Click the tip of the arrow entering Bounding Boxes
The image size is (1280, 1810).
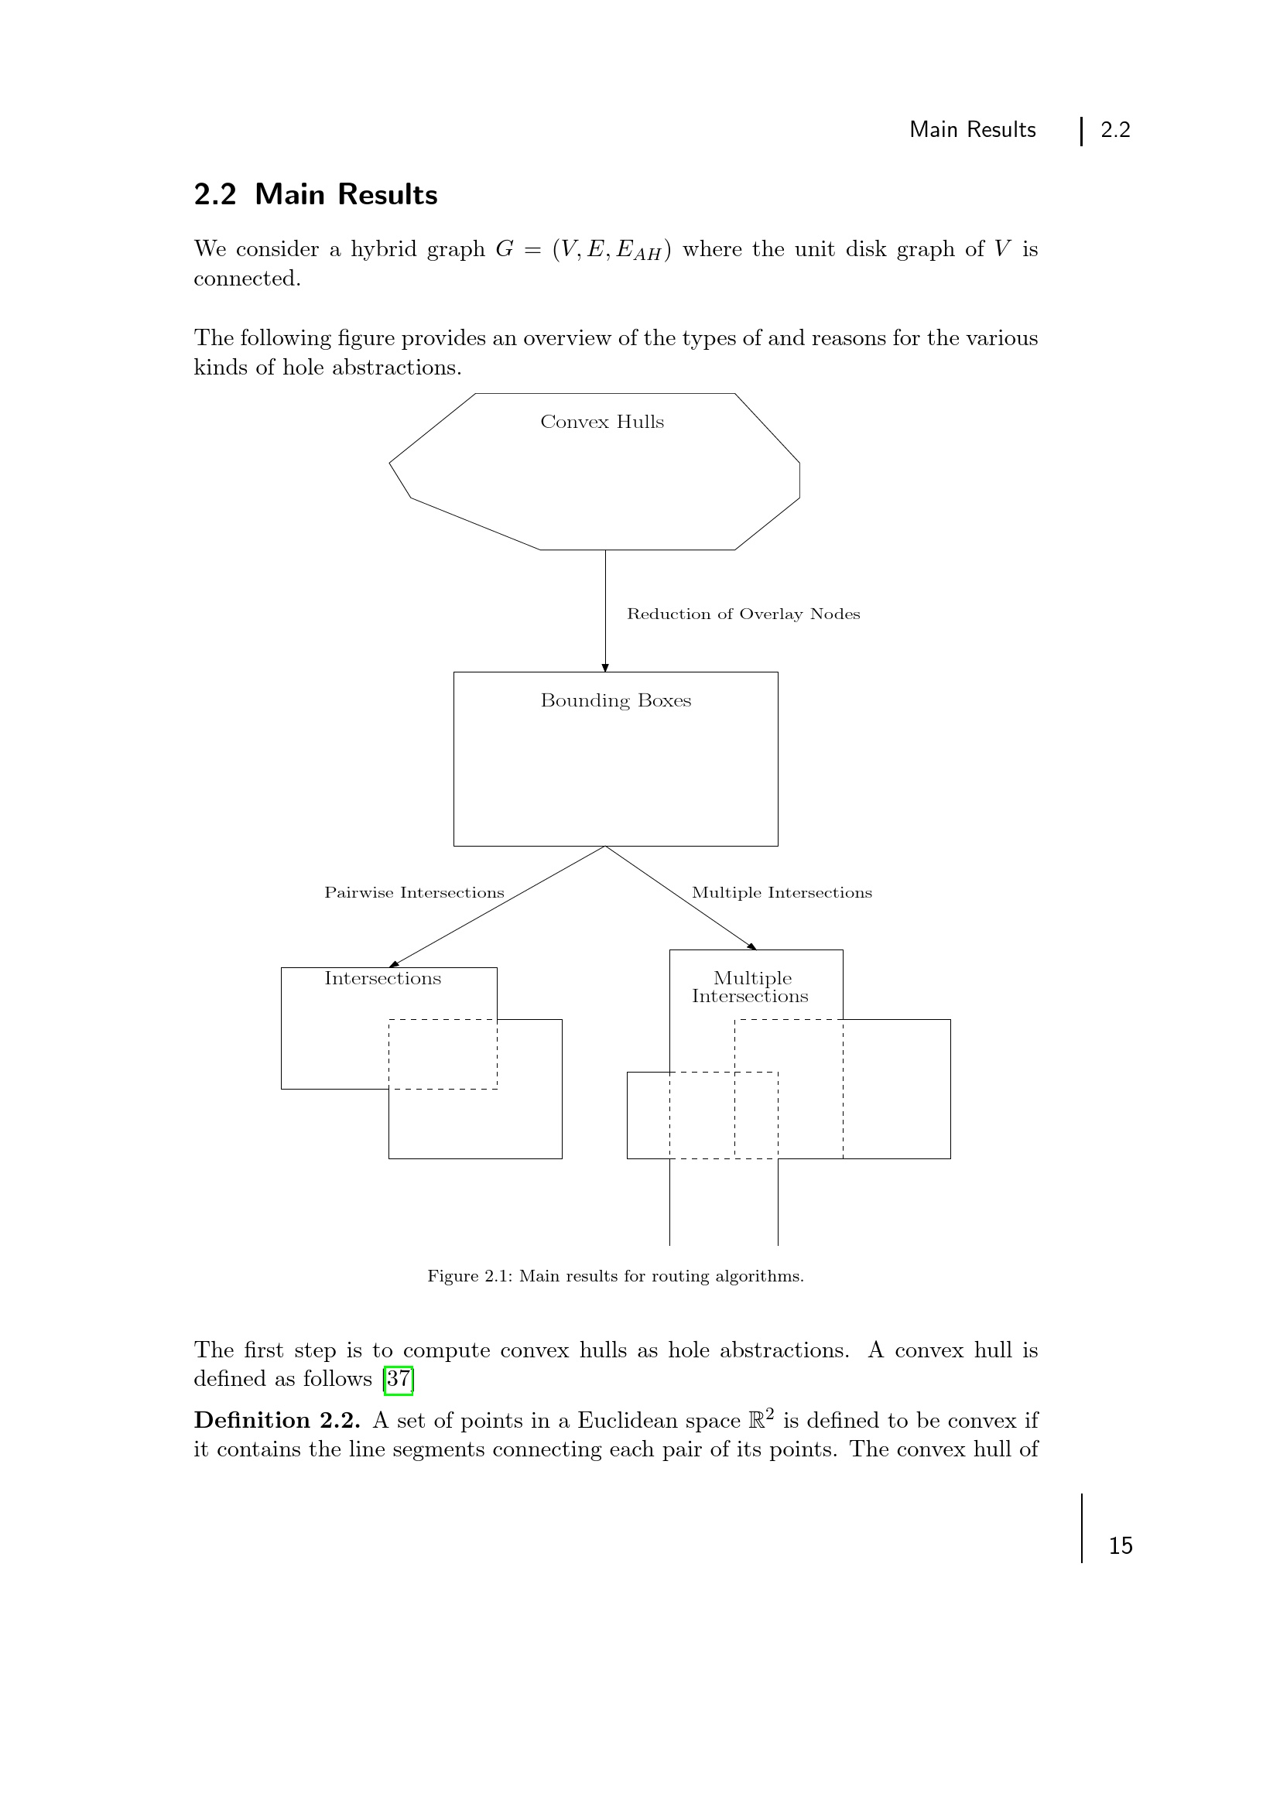605,672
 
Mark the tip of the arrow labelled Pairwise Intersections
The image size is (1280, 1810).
389,967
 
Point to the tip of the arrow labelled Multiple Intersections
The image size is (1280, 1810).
757,949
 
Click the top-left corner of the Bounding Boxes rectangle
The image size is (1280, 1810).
454,672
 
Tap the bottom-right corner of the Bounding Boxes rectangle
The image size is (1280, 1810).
778,846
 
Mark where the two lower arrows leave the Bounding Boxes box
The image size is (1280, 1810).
605,846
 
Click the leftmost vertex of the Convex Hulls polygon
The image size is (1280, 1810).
389,463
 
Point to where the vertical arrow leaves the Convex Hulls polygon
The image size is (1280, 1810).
605,549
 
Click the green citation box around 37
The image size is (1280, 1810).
399,1379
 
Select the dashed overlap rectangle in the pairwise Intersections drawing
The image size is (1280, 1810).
443,1054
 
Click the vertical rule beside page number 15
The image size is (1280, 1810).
1081,1528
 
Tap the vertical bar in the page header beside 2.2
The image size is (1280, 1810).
1081,131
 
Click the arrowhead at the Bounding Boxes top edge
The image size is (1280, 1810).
605,668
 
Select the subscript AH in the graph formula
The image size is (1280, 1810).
648,254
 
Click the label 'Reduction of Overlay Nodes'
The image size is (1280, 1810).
743,614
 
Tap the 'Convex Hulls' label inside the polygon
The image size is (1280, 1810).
602,422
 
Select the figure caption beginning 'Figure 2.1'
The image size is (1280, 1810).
615,1275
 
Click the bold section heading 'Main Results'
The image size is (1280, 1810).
346,195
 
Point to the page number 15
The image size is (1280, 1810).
1121,1546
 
